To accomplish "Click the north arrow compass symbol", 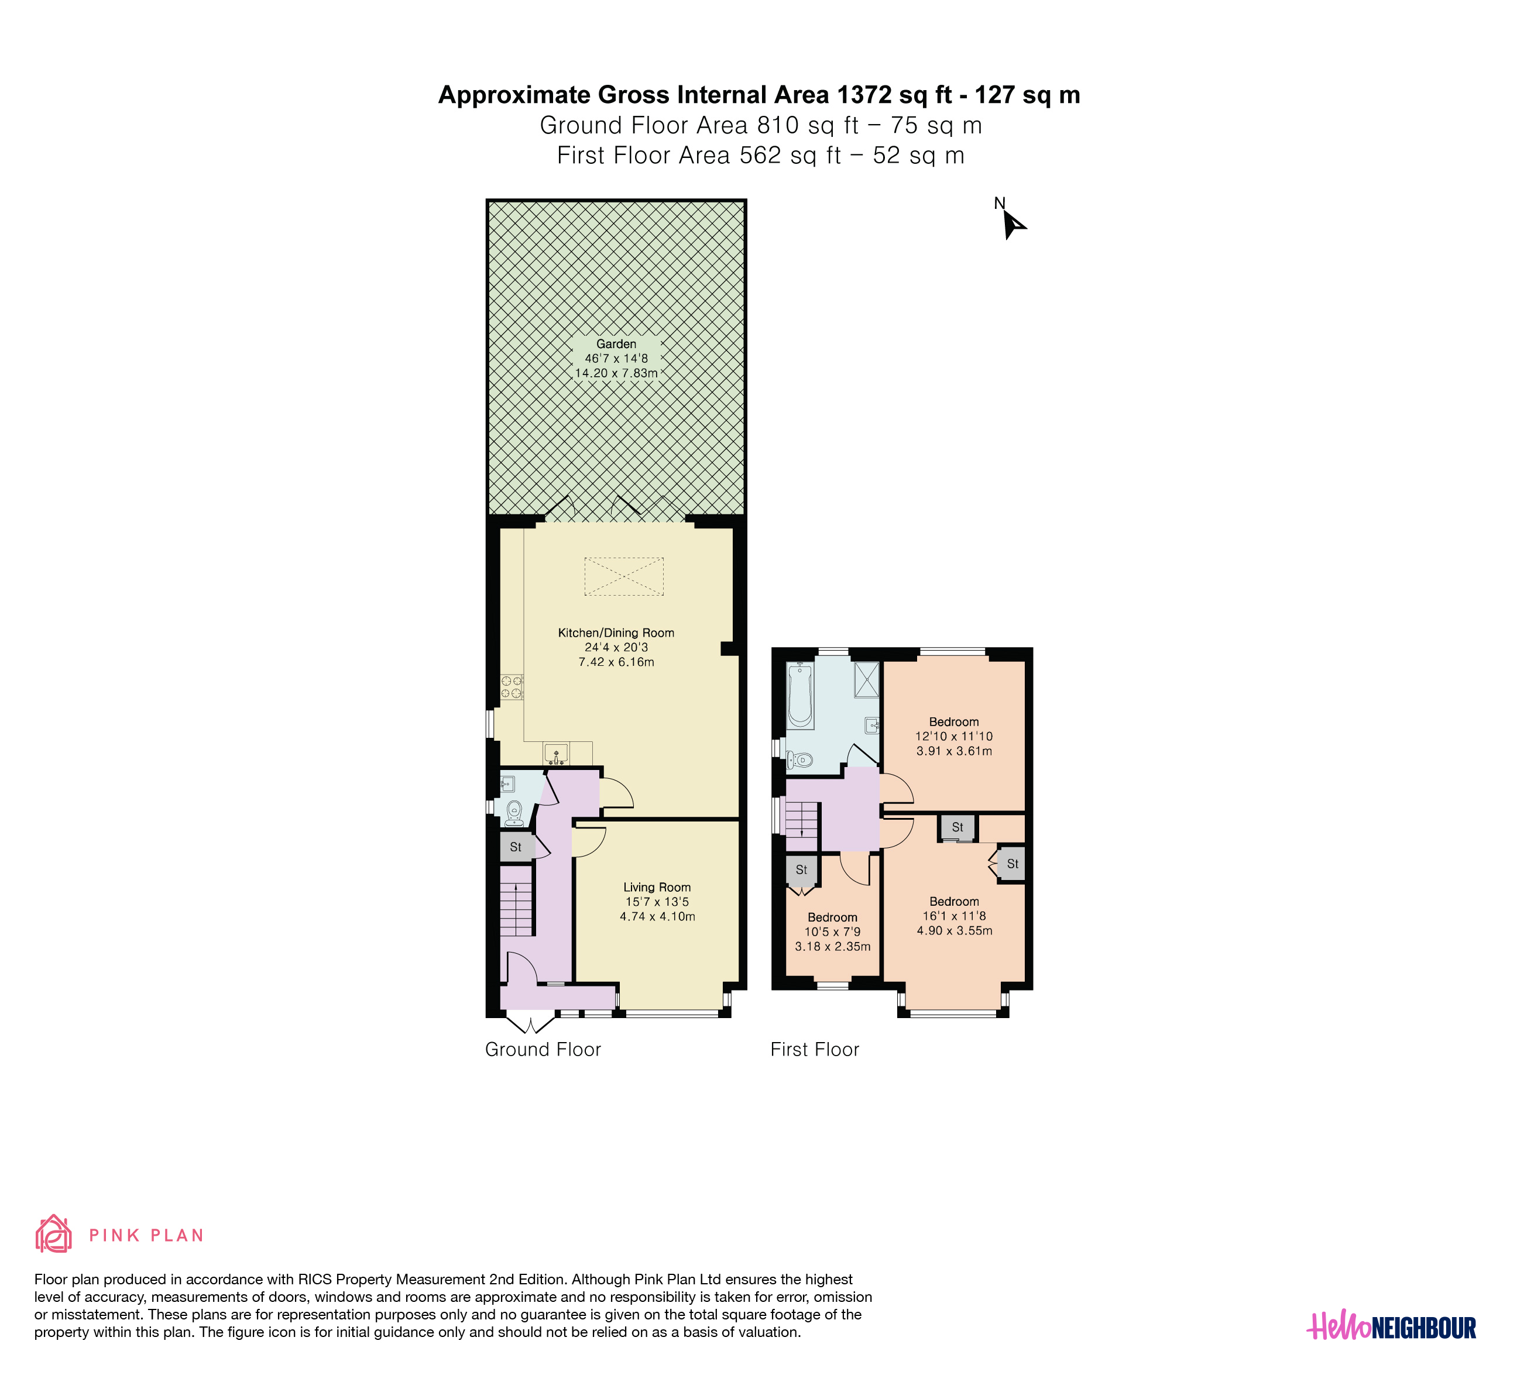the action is tap(1014, 225).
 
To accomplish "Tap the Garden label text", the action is tap(616, 344).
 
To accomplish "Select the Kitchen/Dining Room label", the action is tap(616, 632).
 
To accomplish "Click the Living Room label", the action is tap(657, 887).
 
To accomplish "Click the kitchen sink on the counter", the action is tap(556, 753).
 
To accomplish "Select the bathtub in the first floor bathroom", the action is tap(800, 696).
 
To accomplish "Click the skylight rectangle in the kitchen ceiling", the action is tap(624, 576).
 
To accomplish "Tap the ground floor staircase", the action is tap(517, 900).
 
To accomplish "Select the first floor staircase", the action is tap(802, 819).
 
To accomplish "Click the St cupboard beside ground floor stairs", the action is tap(516, 847).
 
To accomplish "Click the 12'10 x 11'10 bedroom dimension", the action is tap(954, 737).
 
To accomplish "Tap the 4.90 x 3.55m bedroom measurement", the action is tap(954, 930).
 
